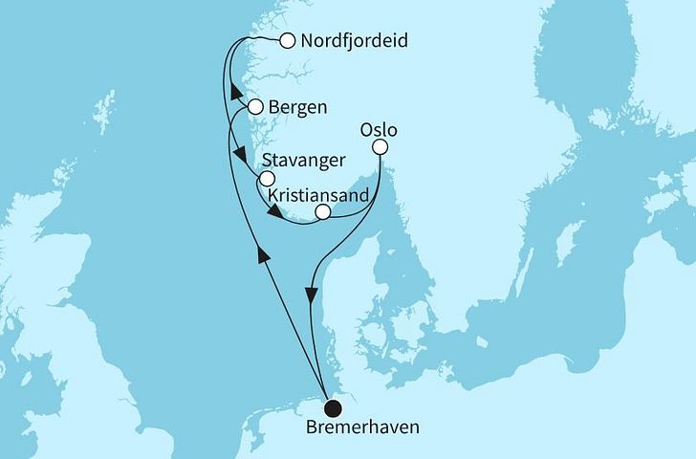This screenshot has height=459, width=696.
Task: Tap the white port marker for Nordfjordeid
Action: pyautogui.click(x=287, y=41)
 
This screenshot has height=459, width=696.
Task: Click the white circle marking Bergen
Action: pyautogui.click(x=255, y=107)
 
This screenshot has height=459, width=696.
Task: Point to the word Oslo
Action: pyautogui.click(x=379, y=128)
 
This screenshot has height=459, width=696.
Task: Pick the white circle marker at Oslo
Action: pyautogui.click(x=381, y=147)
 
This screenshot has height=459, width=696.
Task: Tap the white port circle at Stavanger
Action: pyautogui.click(x=267, y=179)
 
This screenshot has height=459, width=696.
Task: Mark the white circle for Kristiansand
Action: pyautogui.click(x=323, y=212)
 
